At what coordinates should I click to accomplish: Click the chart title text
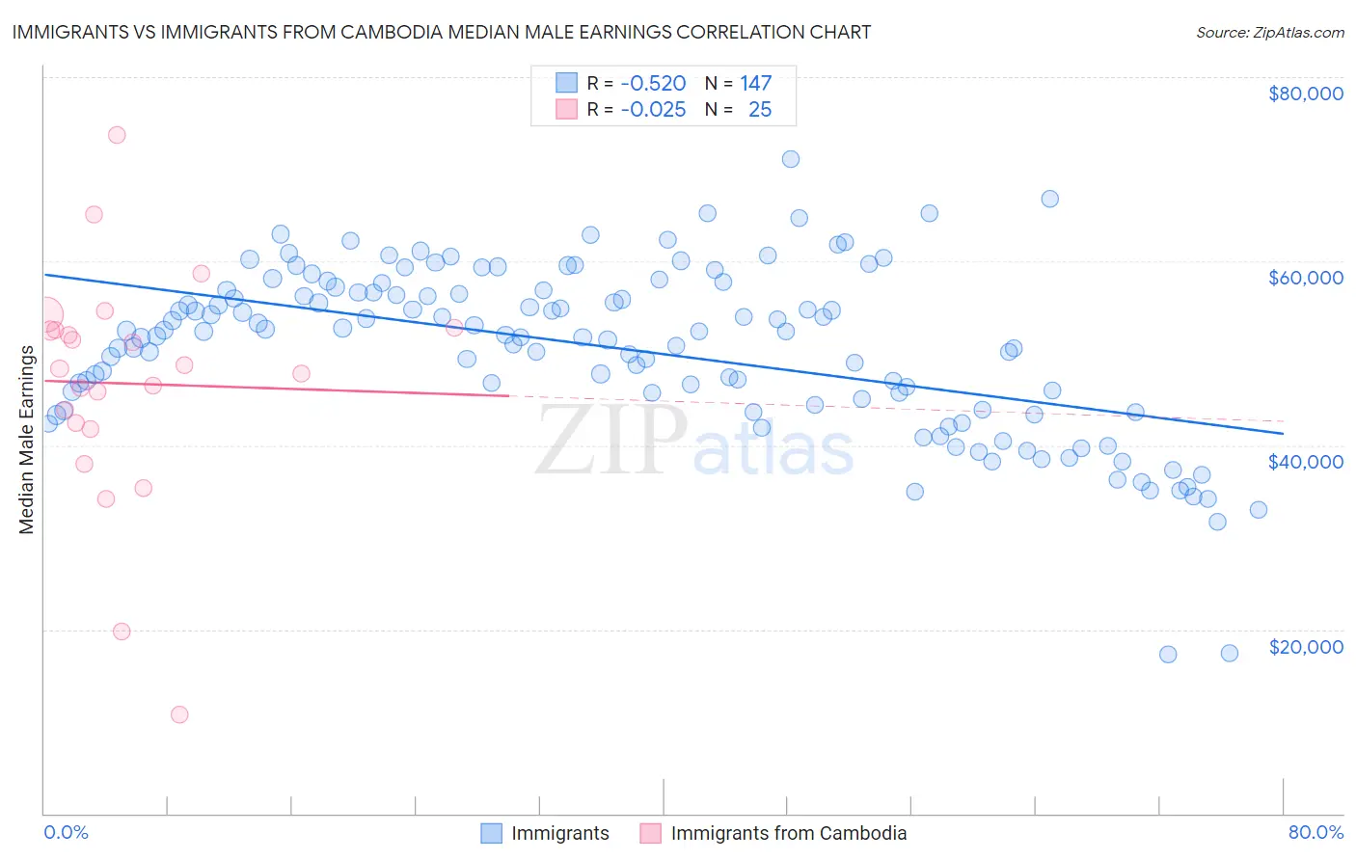(442, 32)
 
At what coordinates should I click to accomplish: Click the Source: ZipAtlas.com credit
(1269, 32)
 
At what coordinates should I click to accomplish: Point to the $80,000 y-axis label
(1305, 94)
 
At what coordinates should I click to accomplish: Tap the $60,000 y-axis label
(1305, 278)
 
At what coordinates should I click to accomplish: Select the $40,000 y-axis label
(1305, 462)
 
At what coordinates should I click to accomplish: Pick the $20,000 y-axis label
(1305, 646)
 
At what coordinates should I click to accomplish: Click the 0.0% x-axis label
(66, 832)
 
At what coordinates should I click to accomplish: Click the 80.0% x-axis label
(1315, 832)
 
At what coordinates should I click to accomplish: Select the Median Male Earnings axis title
(26, 440)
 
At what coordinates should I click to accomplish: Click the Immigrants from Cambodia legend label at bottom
(788, 833)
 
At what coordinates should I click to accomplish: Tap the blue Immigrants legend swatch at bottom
(491, 833)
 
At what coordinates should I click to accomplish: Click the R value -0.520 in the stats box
(653, 84)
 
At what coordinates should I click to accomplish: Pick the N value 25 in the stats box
(760, 110)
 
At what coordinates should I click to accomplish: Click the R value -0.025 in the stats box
(653, 110)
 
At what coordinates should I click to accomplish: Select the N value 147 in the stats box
(755, 84)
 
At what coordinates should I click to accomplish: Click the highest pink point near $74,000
(117, 135)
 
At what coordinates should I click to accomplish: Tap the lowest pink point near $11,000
(179, 714)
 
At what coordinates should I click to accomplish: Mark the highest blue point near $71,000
(791, 159)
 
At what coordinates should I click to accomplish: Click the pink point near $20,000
(122, 632)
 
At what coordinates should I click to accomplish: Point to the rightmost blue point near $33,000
(1259, 510)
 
